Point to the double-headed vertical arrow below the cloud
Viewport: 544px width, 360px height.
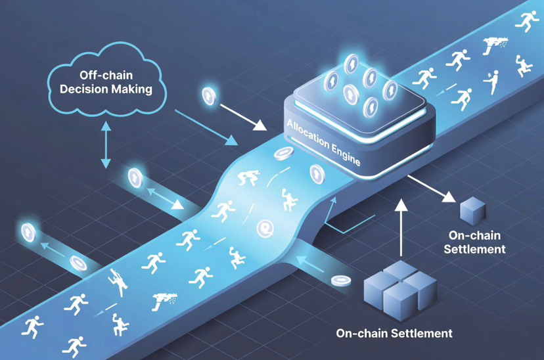tap(105, 145)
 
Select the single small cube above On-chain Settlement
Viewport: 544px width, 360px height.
tap(472, 210)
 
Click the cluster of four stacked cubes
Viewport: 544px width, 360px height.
tap(400, 289)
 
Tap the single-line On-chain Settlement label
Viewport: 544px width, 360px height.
tap(394, 333)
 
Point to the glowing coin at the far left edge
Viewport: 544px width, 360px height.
tap(28, 231)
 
